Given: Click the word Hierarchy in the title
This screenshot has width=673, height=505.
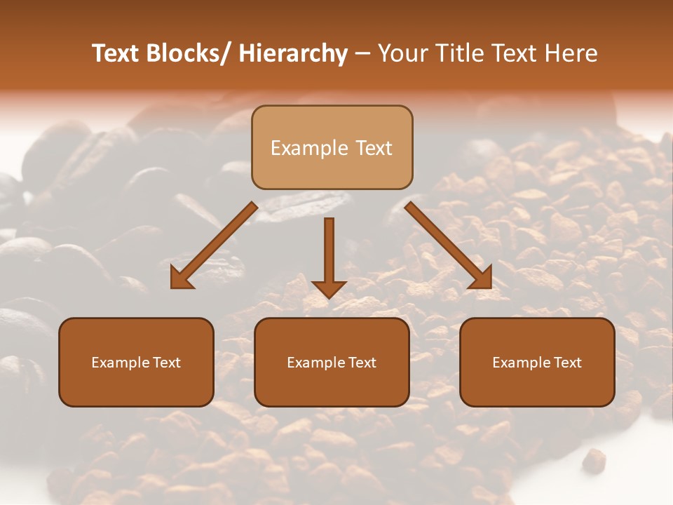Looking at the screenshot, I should [x=293, y=53].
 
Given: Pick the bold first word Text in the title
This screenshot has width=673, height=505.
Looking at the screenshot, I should [x=115, y=53].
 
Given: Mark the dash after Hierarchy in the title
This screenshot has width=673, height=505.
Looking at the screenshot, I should [x=362, y=54].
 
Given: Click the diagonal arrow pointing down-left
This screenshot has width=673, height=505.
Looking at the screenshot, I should [x=214, y=245].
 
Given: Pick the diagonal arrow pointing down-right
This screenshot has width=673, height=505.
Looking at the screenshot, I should [x=449, y=245].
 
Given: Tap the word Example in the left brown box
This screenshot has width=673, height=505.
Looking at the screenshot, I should [x=116, y=363].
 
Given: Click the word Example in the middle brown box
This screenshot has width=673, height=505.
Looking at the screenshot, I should [x=312, y=363].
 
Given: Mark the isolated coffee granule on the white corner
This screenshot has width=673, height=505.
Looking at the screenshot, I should [x=594, y=460].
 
